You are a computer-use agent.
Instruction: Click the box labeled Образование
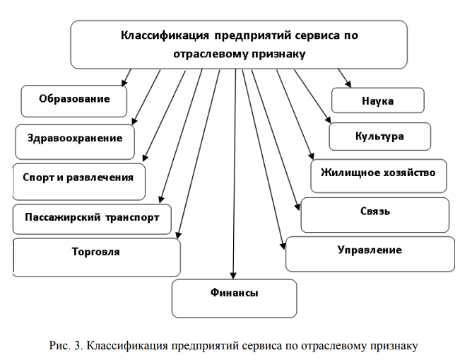pyautogui.click(x=74, y=100)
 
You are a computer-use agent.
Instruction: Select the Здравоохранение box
pyautogui.click(x=75, y=140)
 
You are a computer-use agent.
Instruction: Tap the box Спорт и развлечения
pyautogui.click(x=78, y=180)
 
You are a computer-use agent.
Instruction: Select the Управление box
pyautogui.click(x=370, y=252)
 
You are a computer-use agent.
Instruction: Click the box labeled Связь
pyautogui.click(x=374, y=214)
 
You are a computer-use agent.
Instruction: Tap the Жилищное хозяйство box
pyautogui.click(x=378, y=174)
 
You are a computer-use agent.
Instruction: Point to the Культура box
pyautogui.click(x=379, y=136)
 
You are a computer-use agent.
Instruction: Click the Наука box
pyautogui.click(x=377, y=101)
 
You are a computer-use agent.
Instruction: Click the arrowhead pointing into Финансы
pyautogui.click(x=232, y=275)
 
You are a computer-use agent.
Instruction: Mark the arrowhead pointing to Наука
pyautogui.click(x=348, y=84)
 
